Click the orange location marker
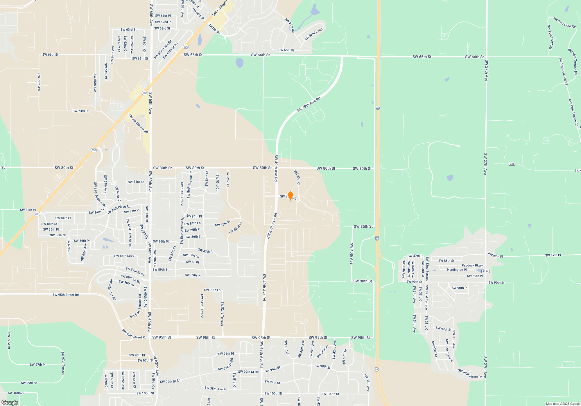(290, 195)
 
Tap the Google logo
(10, 402)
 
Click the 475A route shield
(485, 271)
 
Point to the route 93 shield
(376, 369)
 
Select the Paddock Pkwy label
(472, 265)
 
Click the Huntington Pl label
(457, 270)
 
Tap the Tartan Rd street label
(214, 29)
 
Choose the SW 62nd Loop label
(313, 35)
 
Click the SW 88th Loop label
(124, 256)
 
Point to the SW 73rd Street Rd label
(138, 123)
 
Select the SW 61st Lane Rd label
(564, 23)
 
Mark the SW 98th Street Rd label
(470, 374)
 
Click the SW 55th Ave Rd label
(216, 389)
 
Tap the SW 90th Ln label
(212, 290)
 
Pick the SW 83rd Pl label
(28, 210)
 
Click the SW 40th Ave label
(352, 253)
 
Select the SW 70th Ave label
(39, 82)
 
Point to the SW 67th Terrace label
(63, 363)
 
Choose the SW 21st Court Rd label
(550, 37)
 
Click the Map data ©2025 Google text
(563, 404)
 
